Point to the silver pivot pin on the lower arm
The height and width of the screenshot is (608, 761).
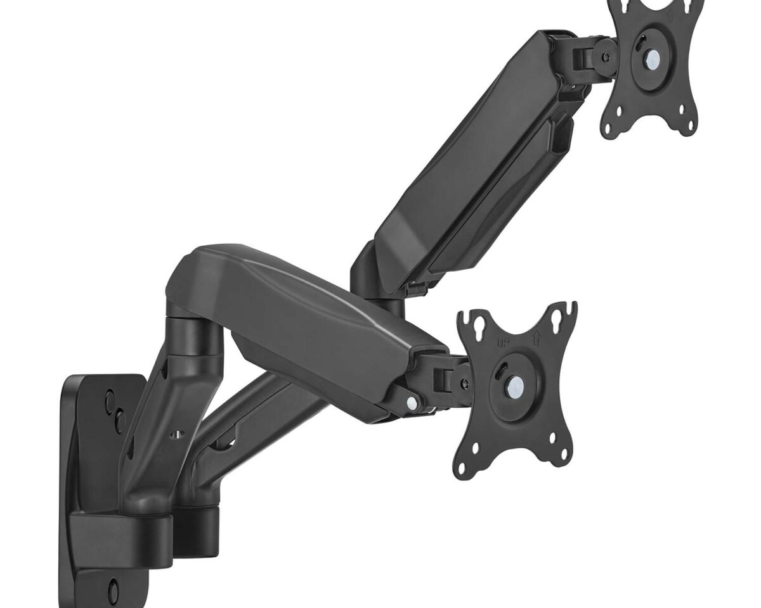coord(413,402)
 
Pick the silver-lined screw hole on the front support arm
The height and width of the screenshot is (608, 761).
coord(178,434)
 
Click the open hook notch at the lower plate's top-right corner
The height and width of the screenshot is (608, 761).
coord(571,308)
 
